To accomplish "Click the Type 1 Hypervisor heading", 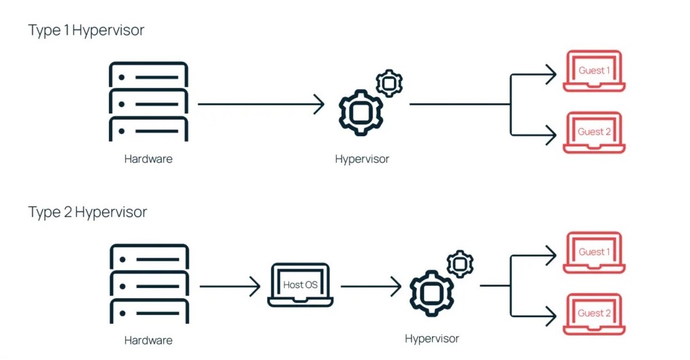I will [86, 30].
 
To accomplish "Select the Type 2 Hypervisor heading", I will [87, 212].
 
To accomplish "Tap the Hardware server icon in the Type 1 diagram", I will [148, 101].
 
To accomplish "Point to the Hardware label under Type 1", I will [148, 159].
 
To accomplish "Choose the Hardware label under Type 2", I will [148, 340].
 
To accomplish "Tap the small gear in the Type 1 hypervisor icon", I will [389, 83].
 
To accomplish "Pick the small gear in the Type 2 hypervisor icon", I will [460, 264].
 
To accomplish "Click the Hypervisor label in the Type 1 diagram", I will [362, 159].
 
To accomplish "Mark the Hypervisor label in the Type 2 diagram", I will [431, 338].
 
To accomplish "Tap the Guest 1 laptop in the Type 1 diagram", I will [593, 71].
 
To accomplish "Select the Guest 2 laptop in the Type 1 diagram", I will [593, 133].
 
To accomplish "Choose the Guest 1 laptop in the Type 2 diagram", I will [593, 252].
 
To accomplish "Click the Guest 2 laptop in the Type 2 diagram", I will [593, 314].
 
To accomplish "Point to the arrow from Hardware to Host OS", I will [230, 287].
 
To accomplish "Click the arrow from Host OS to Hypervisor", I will [371, 287].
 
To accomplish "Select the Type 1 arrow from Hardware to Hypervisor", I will [261, 105].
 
